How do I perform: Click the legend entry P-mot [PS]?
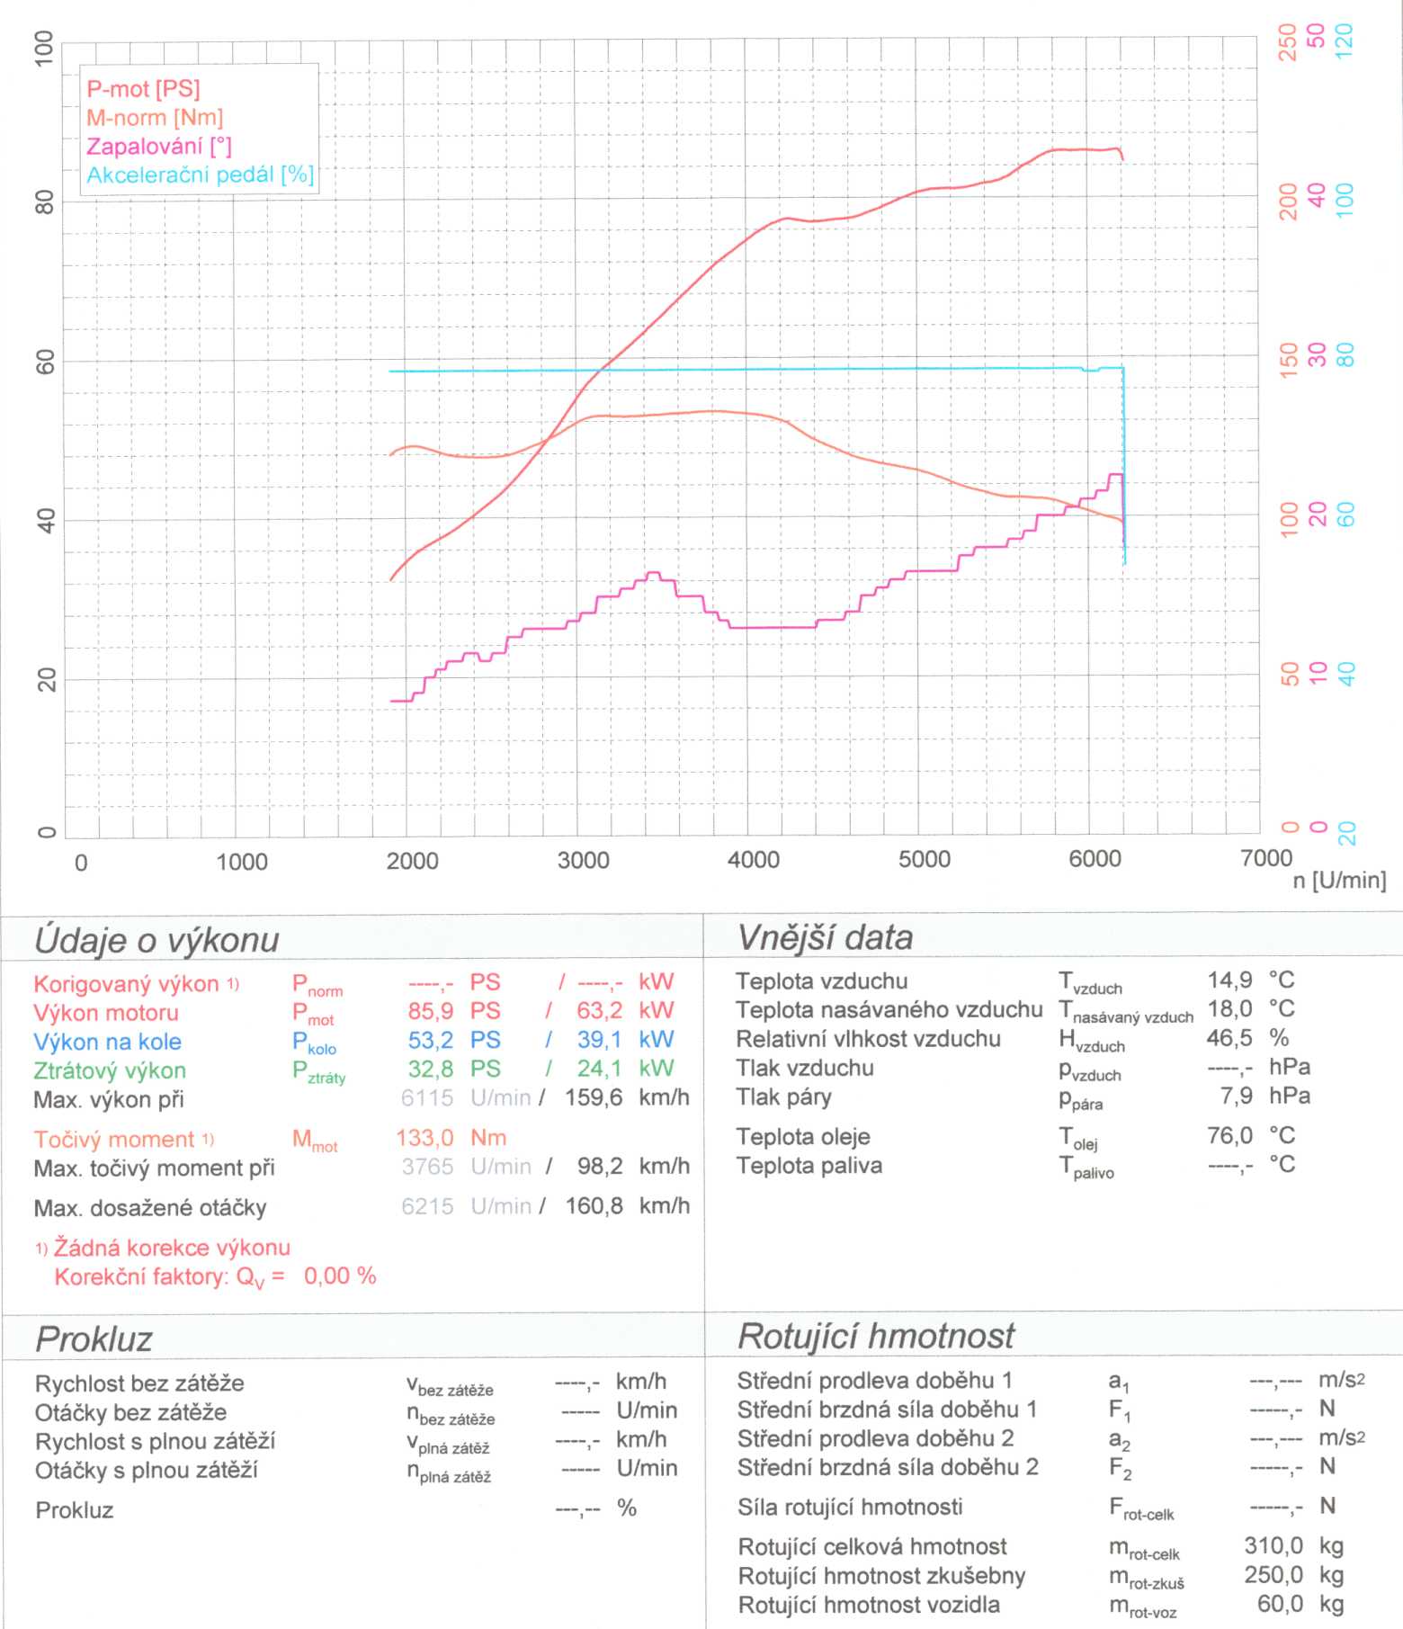tap(143, 89)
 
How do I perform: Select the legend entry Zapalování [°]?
tap(158, 147)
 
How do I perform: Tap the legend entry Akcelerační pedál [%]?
tap(200, 175)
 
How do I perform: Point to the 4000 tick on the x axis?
tap(753, 860)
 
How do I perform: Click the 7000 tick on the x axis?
tap(1265, 858)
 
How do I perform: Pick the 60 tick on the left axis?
tap(45, 362)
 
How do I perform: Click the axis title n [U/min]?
tap(1339, 881)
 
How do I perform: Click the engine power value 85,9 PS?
tap(453, 1011)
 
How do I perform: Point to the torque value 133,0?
tap(424, 1139)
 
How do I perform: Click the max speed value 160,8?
tap(594, 1206)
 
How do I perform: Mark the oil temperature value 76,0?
tap(1229, 1136)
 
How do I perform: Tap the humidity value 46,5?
tap(1229, 1038)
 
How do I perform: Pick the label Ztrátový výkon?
tap(110, 1071)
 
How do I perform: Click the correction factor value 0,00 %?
tap(340, 1276)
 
